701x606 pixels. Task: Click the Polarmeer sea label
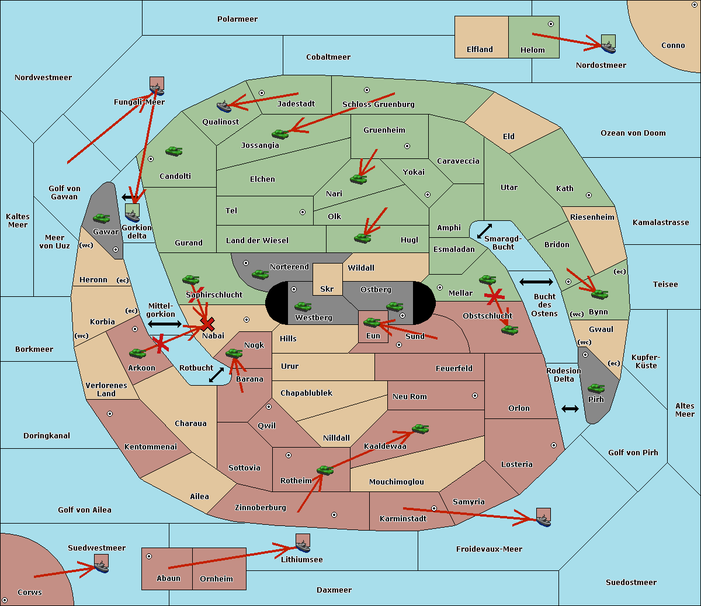pyautogui.click(x=237, y=19)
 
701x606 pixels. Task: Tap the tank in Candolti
pyautogui.click(x=173, y=151)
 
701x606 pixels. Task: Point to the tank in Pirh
pyautogui.click(x=596, y=388)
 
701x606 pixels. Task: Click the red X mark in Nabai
pyautogui.click(x=207, y=324)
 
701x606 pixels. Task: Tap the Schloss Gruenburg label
pyautogui.click(x=378, y=104)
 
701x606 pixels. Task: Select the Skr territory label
pyautogui.click(x=327, y=289)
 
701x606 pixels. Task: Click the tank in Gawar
pyautogui.click(x=101, y=218)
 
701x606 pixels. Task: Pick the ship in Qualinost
pyautogui.click(x=224, y=106)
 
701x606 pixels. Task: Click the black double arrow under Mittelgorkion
pyautogui.click(x=165, y=324)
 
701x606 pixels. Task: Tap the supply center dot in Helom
pyautogui.click(x=551, y=24)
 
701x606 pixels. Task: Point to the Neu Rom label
pyautogui.click(x=410, y=396)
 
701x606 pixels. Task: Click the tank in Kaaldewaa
pyautogui.click(x=420, y=429)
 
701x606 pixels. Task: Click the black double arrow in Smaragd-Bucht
pyautogui.click(x=484, y=231)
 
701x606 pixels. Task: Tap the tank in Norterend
pyautogui.click(x=260, y=274)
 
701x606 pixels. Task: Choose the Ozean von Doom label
pyautogui.click(x=633, y=133)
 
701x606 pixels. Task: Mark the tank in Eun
pyautogui.click(x=372, y=323)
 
